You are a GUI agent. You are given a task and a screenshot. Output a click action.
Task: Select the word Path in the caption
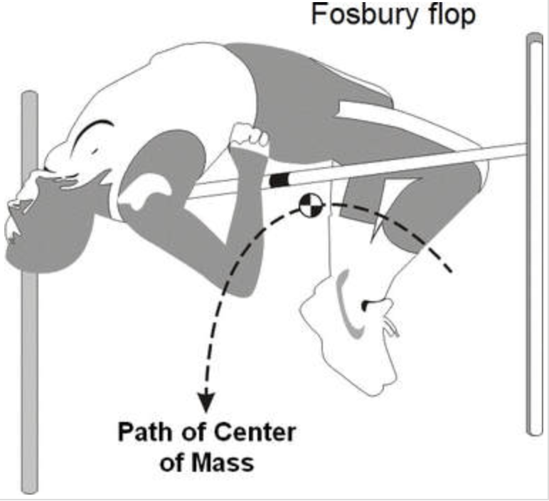[x=139, y=433]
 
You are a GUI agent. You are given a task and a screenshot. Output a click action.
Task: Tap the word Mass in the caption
[x=226, y=463]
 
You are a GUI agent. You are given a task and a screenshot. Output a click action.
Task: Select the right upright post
[x=535, y=235]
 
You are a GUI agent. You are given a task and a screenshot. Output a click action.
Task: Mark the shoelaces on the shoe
[x=389, y=327]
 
